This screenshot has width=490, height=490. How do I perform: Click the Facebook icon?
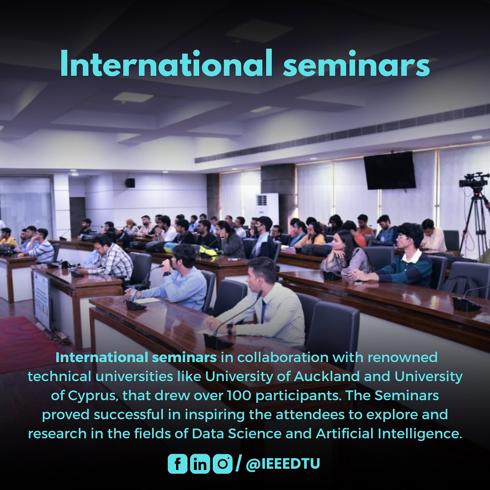click(x=177, y=464)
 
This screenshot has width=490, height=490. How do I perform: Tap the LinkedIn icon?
click(x=200, y=464)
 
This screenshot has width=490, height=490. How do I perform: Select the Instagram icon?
click(x=223, y=464)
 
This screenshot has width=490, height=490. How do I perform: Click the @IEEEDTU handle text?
click(x=283, y=464)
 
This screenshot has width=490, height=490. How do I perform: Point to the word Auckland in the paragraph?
click(x=327, y=377)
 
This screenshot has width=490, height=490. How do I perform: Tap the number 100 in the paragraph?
click(x=239, y=396)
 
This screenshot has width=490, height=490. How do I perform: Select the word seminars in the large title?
click(x=356, y=64)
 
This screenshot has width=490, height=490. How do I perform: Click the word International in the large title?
click(x=167, y=63)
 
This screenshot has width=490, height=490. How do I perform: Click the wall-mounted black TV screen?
click(x=390, y=170)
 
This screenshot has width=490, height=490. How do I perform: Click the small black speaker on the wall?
click(x=130, y=183)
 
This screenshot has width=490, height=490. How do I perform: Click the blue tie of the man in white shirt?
click(x=263, y=311)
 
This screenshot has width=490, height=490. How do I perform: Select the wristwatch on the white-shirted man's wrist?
click(x=230, y=328)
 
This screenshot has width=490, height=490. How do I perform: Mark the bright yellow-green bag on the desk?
click(x=208, y=251)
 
